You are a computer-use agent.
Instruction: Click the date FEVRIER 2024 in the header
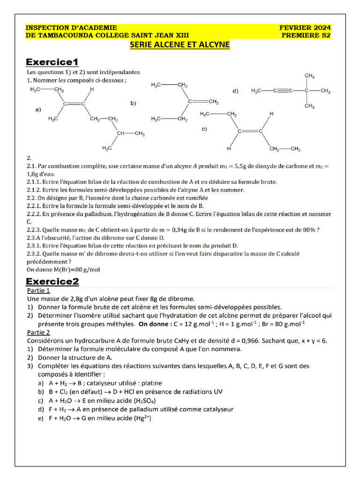305,28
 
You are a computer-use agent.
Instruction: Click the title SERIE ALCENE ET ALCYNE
180,45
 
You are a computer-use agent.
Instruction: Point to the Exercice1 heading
52,62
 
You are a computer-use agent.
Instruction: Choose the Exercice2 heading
52,282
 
